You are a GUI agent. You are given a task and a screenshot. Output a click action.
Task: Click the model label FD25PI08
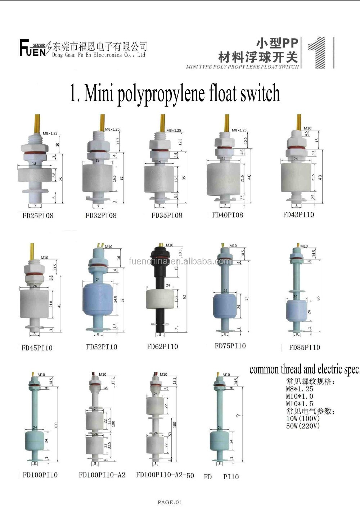click(38, 216)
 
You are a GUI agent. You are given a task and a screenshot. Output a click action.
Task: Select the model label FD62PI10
click(162, 346)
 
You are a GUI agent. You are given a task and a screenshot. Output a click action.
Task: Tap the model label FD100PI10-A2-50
click(165, 475)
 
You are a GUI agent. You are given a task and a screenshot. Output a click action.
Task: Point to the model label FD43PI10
click(298, 215)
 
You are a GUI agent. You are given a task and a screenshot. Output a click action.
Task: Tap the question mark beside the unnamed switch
click(238, 416)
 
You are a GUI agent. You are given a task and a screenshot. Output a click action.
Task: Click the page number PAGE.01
click(170, 502)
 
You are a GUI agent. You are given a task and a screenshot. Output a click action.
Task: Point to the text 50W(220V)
click(303, 426)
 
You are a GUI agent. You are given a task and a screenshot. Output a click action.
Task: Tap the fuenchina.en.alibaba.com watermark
click(180, 261)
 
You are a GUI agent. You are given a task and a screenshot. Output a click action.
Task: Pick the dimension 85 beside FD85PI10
click(318, 298)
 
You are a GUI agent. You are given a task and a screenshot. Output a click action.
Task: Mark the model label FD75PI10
click(230, 346)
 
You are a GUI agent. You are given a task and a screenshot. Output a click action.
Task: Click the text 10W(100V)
click(303, 418)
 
